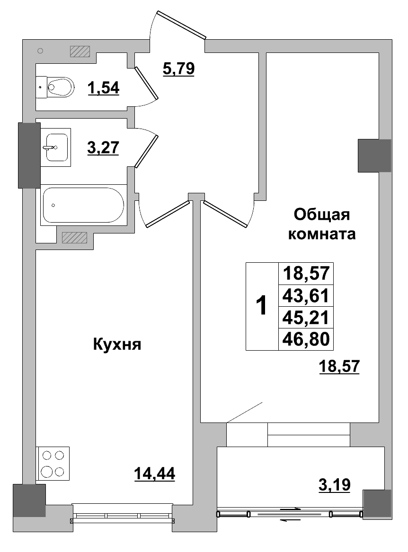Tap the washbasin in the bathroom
point(55,147)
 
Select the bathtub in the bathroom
point(83,205)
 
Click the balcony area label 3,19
point(334,485)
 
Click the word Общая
point(321,215)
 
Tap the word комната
point(322,234)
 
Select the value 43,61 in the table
point(306,296)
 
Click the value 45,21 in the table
point(306,318)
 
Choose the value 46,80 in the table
point(306,339)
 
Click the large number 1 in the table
point(261,306)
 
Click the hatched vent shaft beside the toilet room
point(80,51)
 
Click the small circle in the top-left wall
point(40,51)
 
